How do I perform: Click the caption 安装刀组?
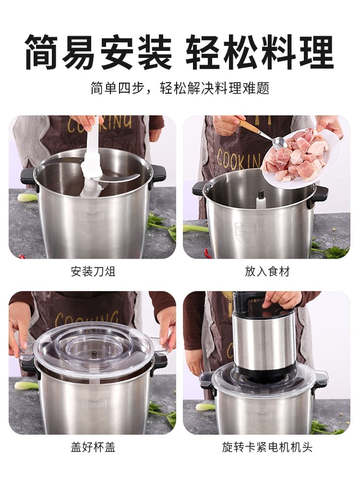click(x=93, y=272)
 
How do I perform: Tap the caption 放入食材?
click(x=267, y=272)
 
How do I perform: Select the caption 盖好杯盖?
click(x=93, y=447)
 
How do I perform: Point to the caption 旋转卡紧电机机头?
click(x=267, y=447)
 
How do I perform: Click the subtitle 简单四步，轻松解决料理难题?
click(x=180, y=88)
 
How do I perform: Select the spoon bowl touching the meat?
click(x=278, y=143)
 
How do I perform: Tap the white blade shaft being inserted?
click(x=92, y=158)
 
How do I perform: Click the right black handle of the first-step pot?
click(x=158, y=175)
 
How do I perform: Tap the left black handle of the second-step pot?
click(x=199, y=188)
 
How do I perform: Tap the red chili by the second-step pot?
click(x=207, y=252)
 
